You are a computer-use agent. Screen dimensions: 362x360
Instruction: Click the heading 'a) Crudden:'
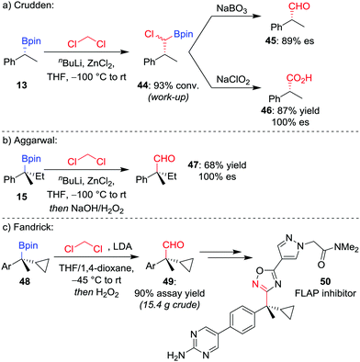coord(30,6)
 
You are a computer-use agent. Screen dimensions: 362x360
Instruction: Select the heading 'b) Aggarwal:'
coord(32,130)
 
